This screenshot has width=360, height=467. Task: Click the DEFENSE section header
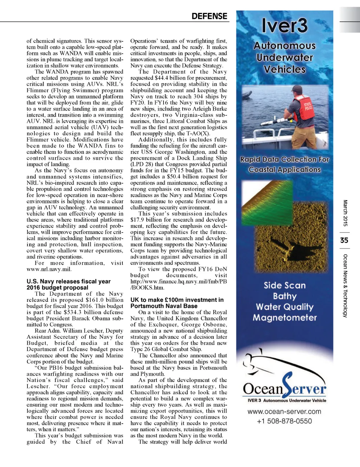[209, 16]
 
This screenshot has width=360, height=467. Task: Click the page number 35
[344, 240]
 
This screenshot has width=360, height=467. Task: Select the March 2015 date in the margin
[345, 213]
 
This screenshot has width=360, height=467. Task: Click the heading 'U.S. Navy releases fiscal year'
[69, 281]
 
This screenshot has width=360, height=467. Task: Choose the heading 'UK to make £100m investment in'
[177, 300]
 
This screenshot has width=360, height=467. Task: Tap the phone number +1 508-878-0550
[284, 421]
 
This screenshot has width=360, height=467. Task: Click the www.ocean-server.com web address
[284, 411]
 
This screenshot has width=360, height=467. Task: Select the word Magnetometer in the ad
[285, 318]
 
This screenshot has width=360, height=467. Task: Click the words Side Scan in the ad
[285, 285]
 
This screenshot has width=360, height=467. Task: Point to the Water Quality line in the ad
[285, 307]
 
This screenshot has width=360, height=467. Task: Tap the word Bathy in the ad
[285, 296]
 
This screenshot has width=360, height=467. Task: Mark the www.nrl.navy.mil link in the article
[49, 269]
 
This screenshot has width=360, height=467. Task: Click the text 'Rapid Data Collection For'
[284, 160]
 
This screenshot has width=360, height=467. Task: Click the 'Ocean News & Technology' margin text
[345, 286]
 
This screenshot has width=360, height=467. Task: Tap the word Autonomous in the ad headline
[284, 46]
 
